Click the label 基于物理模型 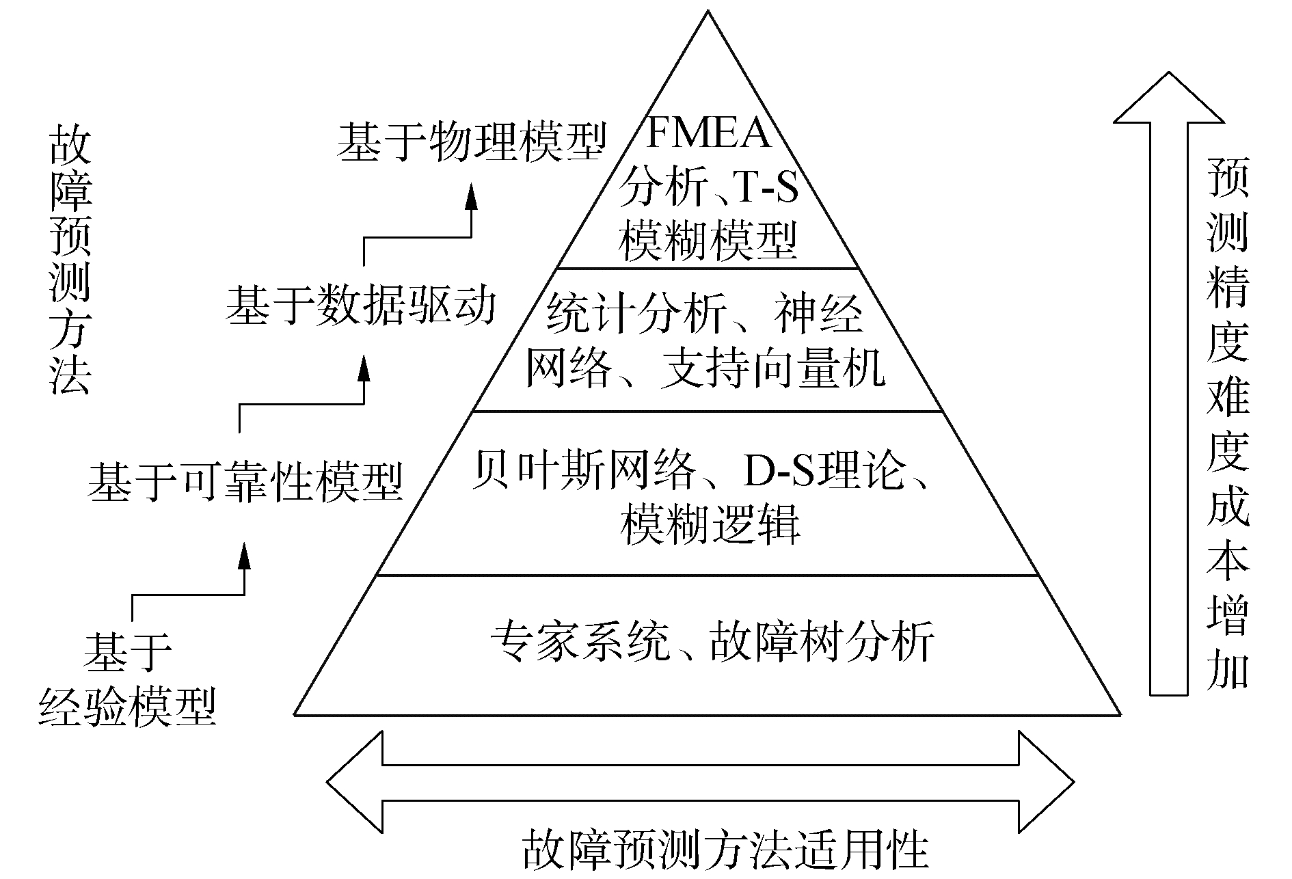472,141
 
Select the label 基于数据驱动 360,306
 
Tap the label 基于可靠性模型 245,483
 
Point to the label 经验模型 128,705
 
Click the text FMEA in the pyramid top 708,133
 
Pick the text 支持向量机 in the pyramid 772,370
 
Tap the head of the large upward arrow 1169,99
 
